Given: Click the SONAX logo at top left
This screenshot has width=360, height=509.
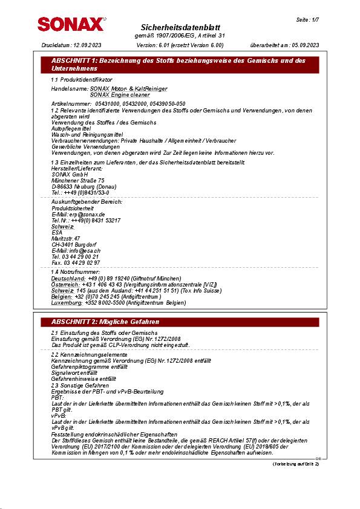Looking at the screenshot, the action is (x=70, y=24).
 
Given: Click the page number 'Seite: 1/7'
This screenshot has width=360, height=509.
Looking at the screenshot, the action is (x=307, y=20).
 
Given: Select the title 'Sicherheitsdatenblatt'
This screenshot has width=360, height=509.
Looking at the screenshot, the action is (x=180, y=28).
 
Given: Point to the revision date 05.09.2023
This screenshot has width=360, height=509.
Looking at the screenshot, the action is (x=305, y=45).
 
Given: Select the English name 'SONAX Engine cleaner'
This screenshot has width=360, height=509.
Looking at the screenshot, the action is (x=120, y=95).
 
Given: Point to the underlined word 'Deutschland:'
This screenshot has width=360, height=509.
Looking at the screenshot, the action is (x=68, y=278).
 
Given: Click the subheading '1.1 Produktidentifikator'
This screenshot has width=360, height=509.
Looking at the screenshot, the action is (x=81, y=80).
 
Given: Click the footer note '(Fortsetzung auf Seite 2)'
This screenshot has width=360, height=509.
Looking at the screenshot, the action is (x=295, y=464).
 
